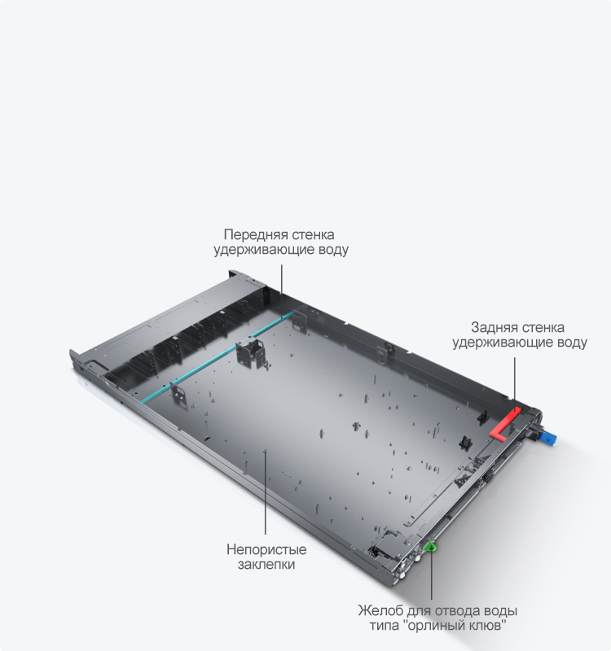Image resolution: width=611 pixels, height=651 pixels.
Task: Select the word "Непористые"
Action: click(x=266, y=550)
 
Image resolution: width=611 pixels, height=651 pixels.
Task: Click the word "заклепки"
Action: click(x=266, y=565)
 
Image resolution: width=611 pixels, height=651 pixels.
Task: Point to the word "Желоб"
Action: click(x=380, y=611)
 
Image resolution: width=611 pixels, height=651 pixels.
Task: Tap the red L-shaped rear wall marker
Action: click(x=504, y=423)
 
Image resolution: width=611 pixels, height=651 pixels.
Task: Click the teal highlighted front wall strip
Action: click(x=215, y=357)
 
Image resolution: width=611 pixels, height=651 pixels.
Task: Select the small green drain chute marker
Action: click(x=430, y=547)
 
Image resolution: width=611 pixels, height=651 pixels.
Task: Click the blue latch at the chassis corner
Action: click(x=548, y=439)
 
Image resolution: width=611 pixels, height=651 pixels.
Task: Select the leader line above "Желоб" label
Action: click(x=431, y=575)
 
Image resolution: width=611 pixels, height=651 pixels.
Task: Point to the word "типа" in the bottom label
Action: click(x=385, y=625)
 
